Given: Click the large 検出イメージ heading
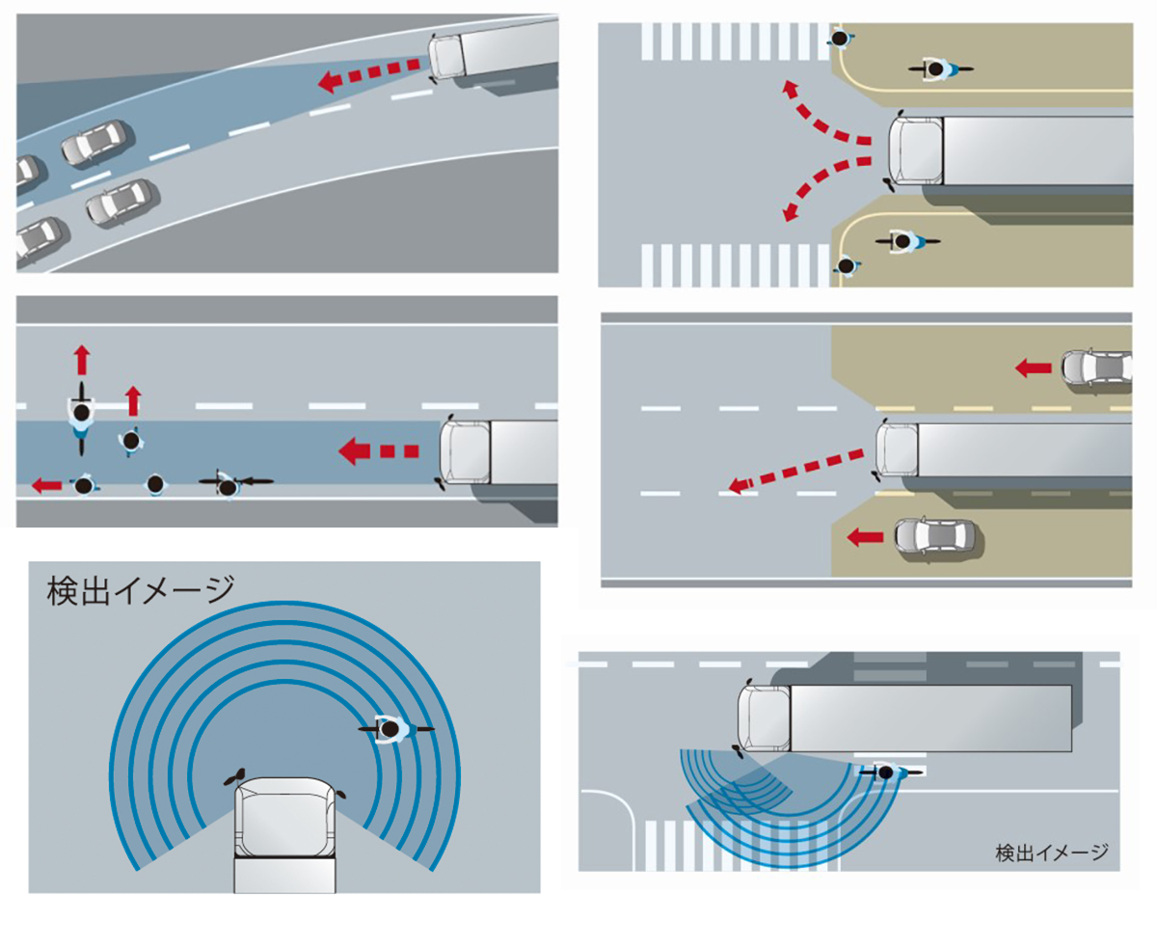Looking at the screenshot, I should coord(141,590).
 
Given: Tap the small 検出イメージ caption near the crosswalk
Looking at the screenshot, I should coord(1051,853).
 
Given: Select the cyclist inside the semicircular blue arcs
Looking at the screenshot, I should coord(392,729).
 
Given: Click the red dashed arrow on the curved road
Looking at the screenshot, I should coord(371,74).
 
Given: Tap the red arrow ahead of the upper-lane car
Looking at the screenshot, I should coord(1034,366).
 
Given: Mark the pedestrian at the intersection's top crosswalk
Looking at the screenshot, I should coord(840,40).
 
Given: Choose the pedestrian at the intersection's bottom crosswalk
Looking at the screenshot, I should coord(847,264).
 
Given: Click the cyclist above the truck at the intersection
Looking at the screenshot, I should coord(937,68).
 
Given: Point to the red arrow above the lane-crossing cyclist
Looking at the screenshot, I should coord(82,361).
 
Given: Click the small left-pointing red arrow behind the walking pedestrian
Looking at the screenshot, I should coord(45,485).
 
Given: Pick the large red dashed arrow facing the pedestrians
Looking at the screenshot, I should coord(377,450).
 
